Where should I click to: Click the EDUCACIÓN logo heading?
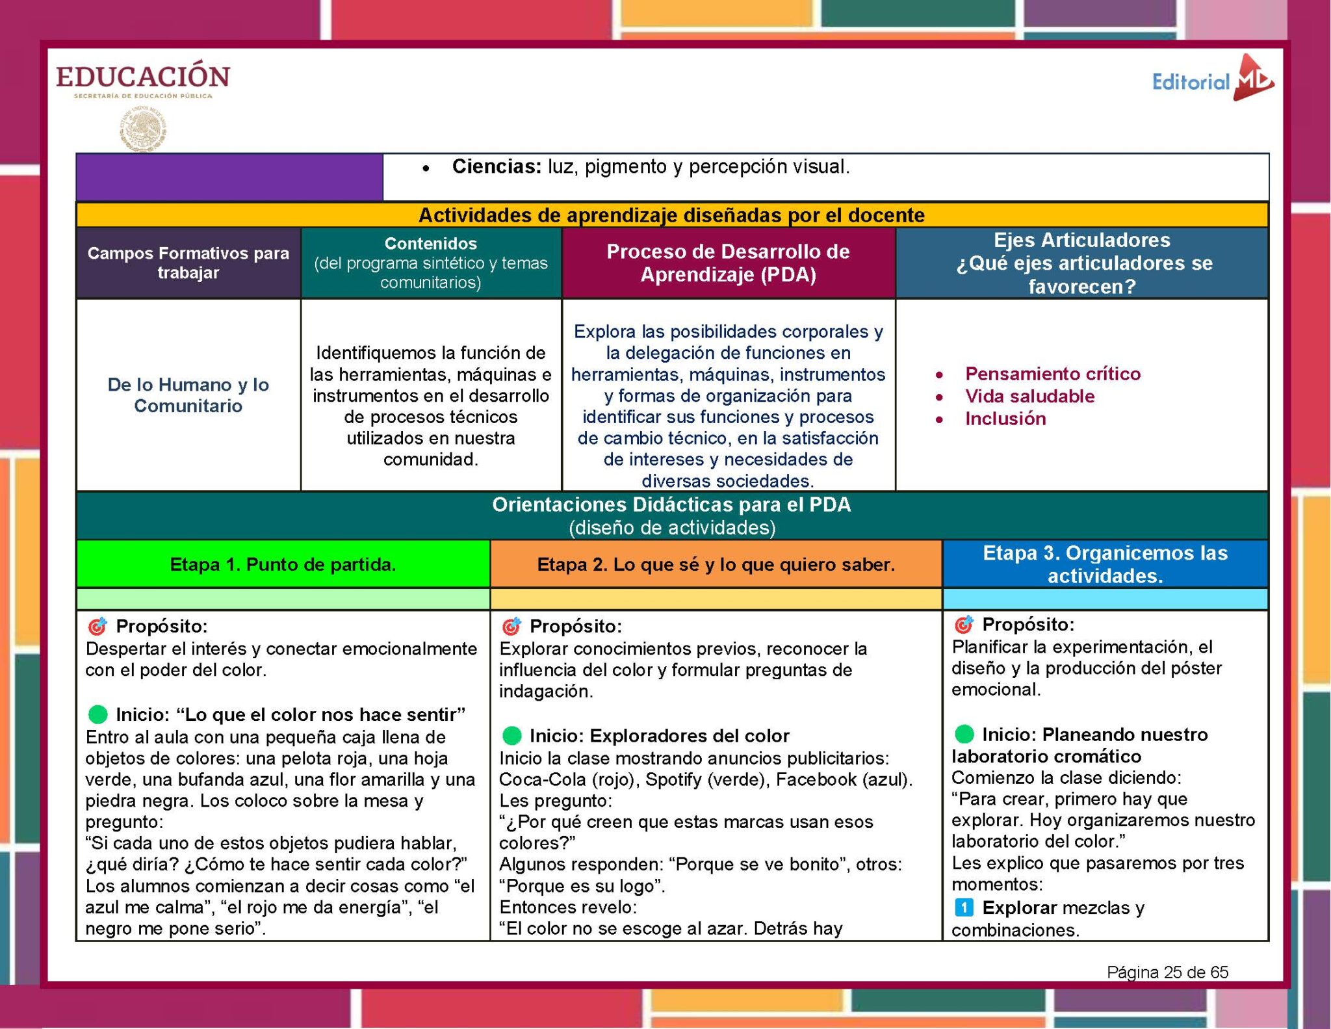pos(143,77)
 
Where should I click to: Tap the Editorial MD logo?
pos(1212,80)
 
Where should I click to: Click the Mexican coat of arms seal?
pos(143,129)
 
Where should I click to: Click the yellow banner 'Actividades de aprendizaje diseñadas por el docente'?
pos(671,215)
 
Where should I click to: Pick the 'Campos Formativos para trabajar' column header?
pos(188,263)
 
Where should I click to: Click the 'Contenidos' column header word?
pos(431,244)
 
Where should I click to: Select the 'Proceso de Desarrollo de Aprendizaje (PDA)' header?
pos(728,263)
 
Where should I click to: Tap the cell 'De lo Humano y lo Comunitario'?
pos(188,395)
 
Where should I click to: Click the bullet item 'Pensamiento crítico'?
pos(1052,374)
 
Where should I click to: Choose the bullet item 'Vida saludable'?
pos(1029,397)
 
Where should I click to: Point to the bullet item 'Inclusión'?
pos(1005,419)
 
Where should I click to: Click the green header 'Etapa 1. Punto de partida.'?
pos(283,564)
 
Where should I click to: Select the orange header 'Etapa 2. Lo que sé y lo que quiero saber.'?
pos(716,564)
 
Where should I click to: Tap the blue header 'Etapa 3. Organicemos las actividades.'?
pos(1105,564)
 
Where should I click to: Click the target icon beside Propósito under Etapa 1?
pos(97,626)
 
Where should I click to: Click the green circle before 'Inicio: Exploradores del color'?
pos(512,736)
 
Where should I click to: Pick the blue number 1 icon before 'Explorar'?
pos(963,907)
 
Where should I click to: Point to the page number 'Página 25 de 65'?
pos(1167,972)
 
